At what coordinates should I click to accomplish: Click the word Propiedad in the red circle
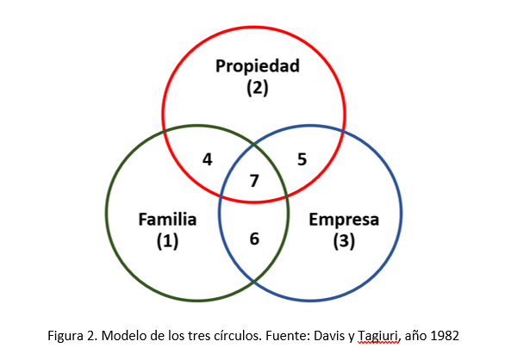258,66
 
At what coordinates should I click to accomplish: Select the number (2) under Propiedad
258,88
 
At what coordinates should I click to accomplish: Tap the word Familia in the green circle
167,220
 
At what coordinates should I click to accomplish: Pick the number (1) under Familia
167,241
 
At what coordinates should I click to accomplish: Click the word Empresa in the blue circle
344,220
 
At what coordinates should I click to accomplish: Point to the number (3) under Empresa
344,241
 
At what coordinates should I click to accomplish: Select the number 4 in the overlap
208,159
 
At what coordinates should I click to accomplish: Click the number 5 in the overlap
302,159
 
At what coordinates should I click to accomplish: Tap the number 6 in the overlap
254,239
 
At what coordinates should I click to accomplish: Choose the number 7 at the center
254,181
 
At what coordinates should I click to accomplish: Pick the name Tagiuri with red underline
379,337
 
